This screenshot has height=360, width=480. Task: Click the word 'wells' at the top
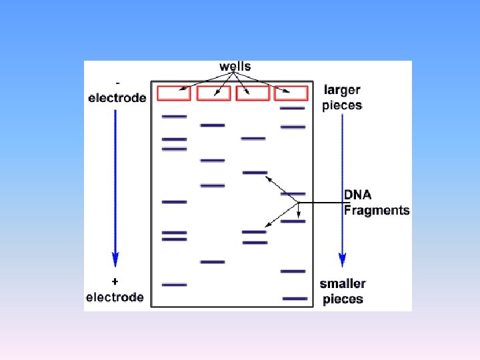[235, 67]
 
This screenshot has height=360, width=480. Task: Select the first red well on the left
[174, 93]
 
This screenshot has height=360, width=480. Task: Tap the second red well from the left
[213, 93]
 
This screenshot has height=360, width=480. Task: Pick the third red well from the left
[253, 93]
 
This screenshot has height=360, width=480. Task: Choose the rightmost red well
[292, 93]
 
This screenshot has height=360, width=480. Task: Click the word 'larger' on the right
[343, 90]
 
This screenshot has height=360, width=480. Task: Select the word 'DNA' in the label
[358, 195]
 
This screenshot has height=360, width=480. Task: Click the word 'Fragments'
[377, 211]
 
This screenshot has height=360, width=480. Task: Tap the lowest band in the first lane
[174, 285]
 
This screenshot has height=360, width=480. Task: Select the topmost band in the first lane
[174, 117]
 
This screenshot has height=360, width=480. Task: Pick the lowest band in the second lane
[213, 262]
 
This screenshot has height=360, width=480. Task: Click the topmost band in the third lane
[253, 139]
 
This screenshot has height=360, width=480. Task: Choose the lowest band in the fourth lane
[295, 299]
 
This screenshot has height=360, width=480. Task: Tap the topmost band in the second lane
[213, 125]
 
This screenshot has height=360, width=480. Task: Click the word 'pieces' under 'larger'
[342, 105]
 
